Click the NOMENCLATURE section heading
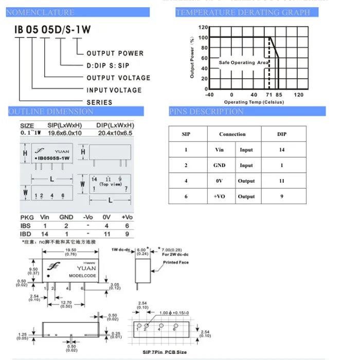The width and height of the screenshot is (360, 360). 40,12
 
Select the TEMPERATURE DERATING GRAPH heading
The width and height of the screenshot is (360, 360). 243,12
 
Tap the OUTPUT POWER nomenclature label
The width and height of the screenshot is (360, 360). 115,53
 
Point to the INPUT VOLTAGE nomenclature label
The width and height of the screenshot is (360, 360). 114,90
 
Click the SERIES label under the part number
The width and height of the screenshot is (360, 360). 99,102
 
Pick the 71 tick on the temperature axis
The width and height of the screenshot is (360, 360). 268,95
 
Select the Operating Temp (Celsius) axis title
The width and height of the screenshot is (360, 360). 254,102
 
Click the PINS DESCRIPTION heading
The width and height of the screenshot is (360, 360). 206,112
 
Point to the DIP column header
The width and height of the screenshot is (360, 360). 282,134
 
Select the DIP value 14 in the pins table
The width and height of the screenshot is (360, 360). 282,150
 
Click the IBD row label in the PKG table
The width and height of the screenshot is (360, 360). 26,234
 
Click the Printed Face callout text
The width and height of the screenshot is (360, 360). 176,262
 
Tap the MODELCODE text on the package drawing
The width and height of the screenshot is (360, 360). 82,276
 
